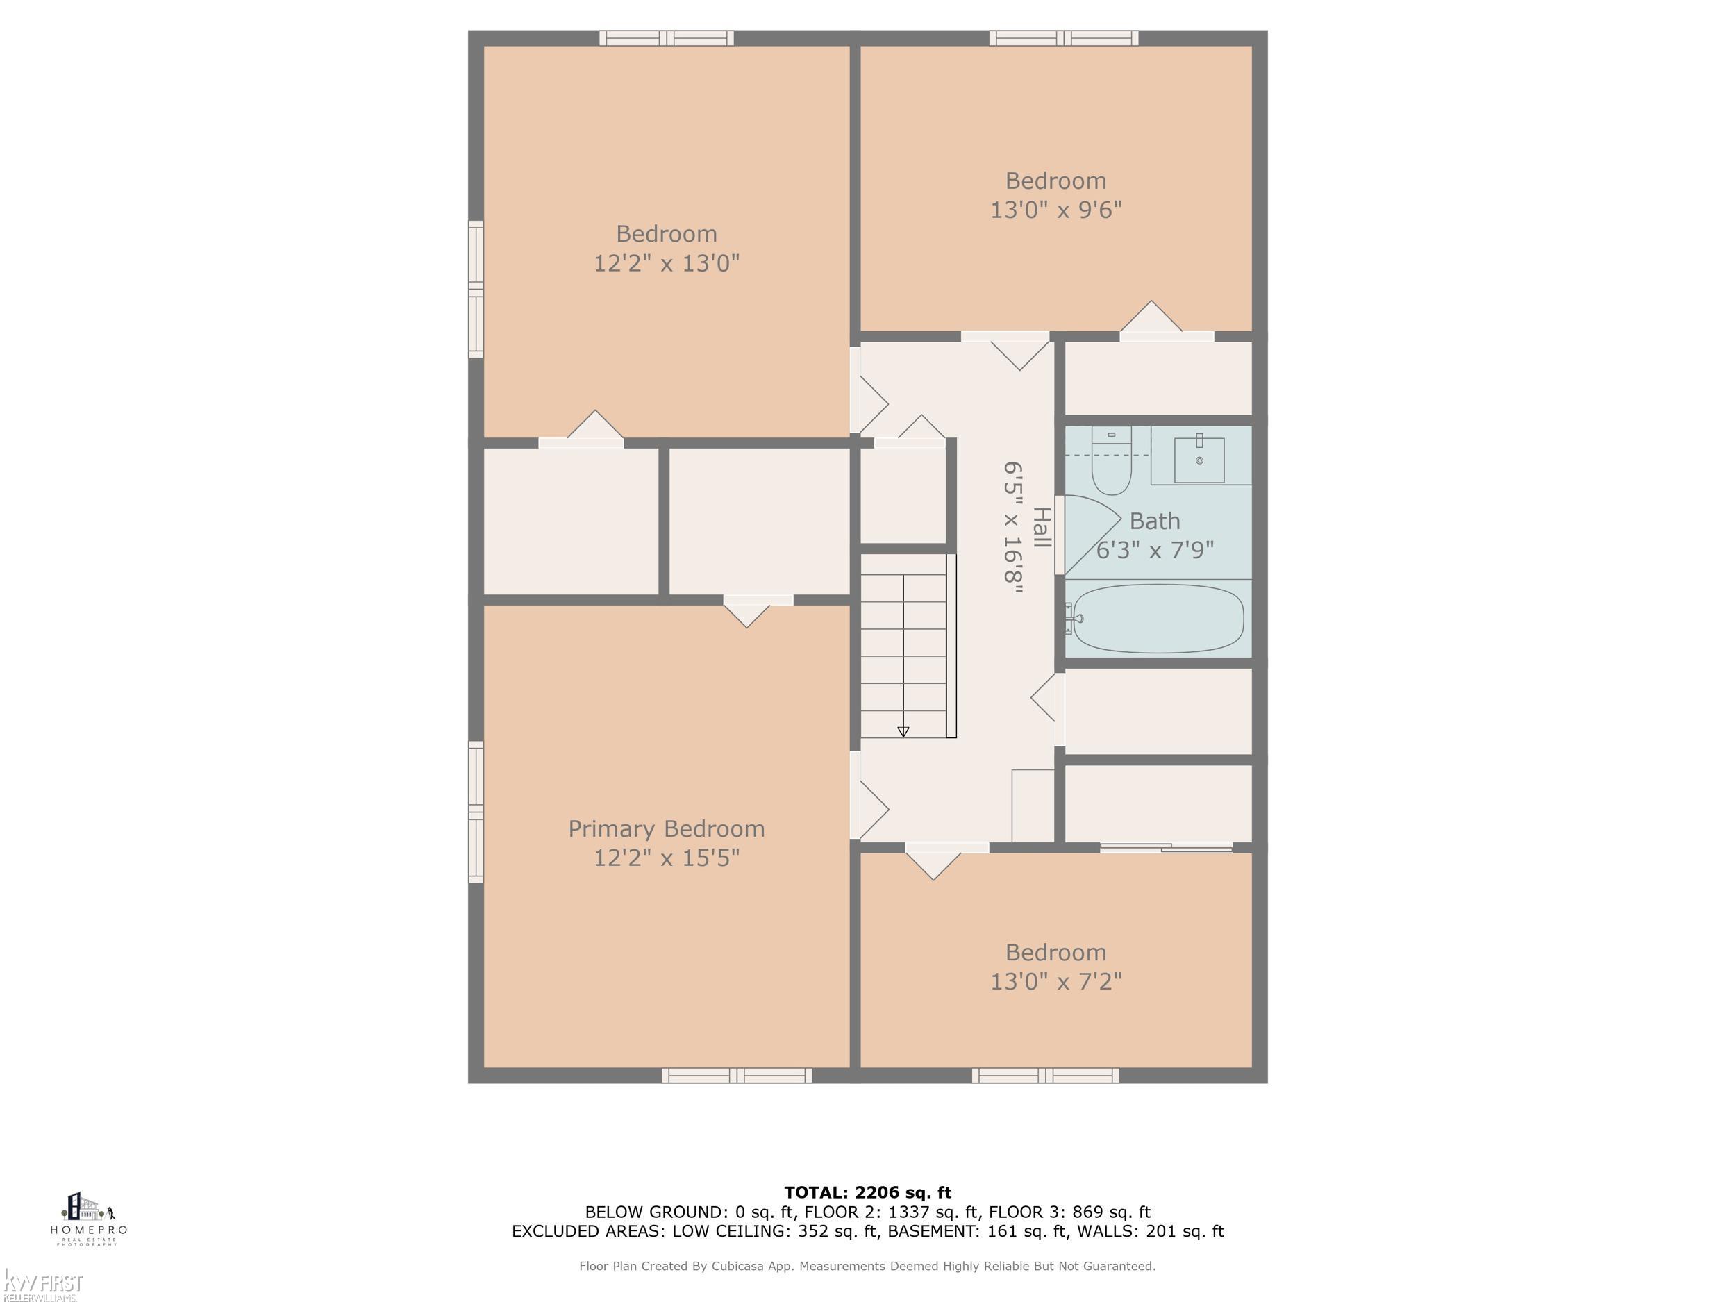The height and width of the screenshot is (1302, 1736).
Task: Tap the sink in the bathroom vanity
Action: click(1199, 460)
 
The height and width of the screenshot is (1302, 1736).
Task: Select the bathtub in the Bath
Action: click(1158, 619)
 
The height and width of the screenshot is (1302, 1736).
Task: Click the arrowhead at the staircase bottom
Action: click(903, 731)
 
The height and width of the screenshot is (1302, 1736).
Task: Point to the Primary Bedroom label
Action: click(667, 828)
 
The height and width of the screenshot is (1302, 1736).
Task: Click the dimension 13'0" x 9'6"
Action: click(1055, 210)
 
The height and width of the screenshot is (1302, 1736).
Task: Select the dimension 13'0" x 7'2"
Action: click(1055, 982)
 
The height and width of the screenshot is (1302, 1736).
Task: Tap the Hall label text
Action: click(1041, 527)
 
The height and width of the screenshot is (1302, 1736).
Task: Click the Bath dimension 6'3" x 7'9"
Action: click(1155, 550)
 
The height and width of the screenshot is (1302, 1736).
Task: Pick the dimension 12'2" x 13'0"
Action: click(667, 263)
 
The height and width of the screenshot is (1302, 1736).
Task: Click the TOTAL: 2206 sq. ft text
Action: click(867, 1193)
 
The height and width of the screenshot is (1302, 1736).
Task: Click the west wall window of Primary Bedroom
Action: click(476, 812)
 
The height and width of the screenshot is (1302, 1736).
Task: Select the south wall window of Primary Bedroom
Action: click(736, 1075)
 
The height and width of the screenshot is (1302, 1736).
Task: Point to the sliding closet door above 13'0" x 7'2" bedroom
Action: click(1166, 848)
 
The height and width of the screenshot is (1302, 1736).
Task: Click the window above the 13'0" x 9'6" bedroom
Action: click(1063, 37)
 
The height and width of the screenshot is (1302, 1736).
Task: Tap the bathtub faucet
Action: click(1072, 619)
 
